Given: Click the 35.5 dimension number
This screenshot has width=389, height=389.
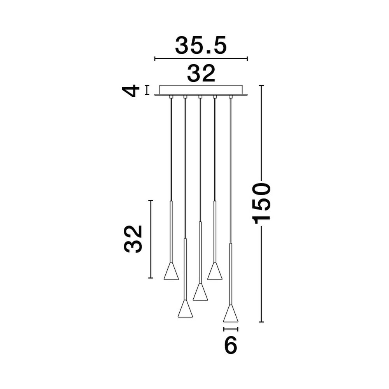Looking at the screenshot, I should pyautogui.click(x=200, y=46).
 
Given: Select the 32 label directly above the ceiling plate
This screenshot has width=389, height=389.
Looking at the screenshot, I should pyautogui.click(x=201, y=74).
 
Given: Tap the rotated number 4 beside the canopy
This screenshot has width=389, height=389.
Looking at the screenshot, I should pyautogui.click(x=131, y=90).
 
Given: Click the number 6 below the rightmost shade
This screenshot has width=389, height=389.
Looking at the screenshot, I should pyautogui.click(x=231, y=345).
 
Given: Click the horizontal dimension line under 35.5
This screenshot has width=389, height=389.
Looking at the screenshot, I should pyautogui.click(x=201, y=59).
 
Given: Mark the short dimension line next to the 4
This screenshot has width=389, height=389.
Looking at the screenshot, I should pyautogui.click(x=147, y=90).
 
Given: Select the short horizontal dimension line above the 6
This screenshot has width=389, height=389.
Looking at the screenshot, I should pyautogui.click(x=231, y=329).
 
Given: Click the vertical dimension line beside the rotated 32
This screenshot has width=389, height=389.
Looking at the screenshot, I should pyautogui.click(x=151, y=239).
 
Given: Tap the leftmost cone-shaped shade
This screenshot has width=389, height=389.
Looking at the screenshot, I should pyautogui.click(x=171, y=272).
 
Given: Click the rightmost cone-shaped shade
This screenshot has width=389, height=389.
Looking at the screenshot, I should pyautogui.click(x=231, y=314).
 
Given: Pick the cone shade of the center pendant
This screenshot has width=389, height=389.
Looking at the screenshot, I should pyautogui.click(x=200, y=292).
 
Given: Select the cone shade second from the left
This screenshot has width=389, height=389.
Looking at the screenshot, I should pyautogui.click(x=186, y=309).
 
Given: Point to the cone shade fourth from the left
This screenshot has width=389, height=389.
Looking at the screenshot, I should pyautogui.click(x=215, y=272).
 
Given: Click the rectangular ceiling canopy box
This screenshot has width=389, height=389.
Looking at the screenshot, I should pyautogui.click(x=201, y=89).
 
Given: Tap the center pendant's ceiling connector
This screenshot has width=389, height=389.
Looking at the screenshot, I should pyautogui.click(x=200, y=97).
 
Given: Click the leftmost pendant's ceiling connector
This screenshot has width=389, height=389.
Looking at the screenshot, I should pyautogui.click(x=171, y=97).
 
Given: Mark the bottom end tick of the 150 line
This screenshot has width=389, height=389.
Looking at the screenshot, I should pyautogui.click(x=261, y=322).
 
